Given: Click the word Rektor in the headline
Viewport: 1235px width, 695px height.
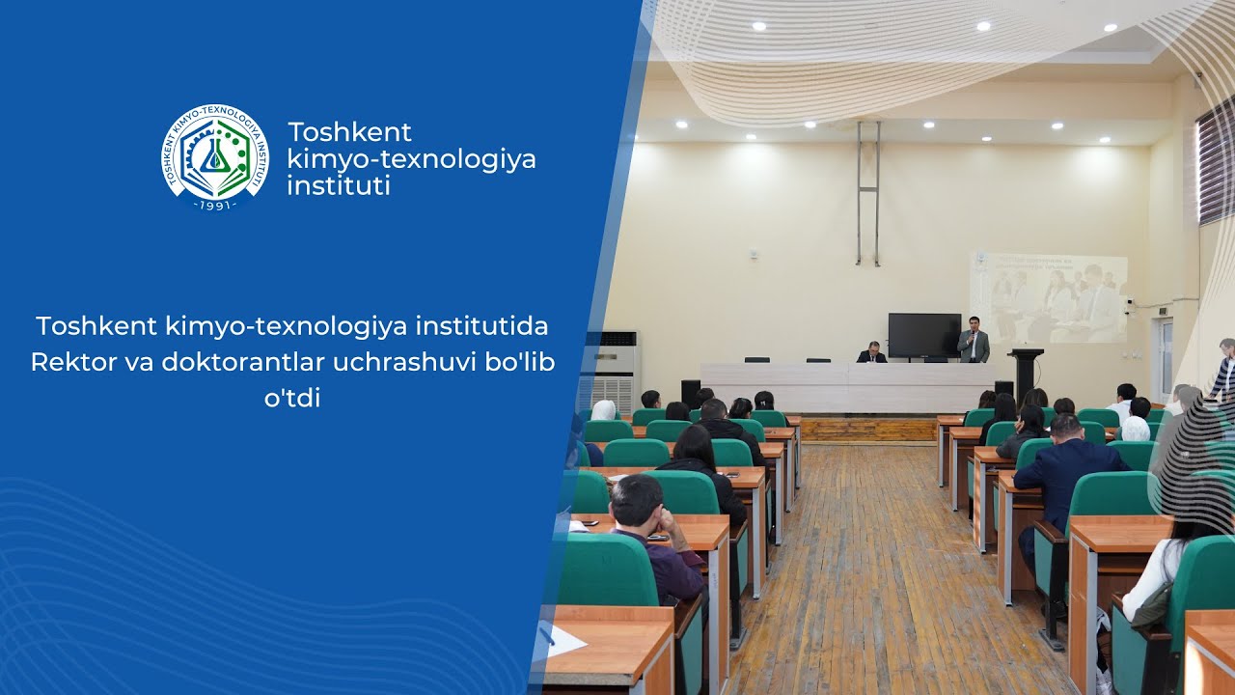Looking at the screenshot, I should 67,362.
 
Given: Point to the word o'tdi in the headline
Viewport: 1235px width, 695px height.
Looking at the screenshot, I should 291,397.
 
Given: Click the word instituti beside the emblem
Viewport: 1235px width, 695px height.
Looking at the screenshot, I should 339,185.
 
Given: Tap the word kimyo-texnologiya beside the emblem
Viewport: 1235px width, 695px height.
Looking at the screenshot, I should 411,158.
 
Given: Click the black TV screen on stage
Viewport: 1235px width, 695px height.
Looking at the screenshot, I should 923,335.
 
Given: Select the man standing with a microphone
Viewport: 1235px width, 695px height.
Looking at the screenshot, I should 974,340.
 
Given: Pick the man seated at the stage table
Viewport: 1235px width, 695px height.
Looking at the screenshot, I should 872,353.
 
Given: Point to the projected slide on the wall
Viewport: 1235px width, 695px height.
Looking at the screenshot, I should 1049,297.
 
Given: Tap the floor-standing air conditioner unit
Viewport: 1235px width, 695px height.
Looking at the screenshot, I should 614,367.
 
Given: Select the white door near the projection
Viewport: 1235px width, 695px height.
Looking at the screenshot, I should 1163,357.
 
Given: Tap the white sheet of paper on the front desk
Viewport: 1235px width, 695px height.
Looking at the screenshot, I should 563,641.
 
